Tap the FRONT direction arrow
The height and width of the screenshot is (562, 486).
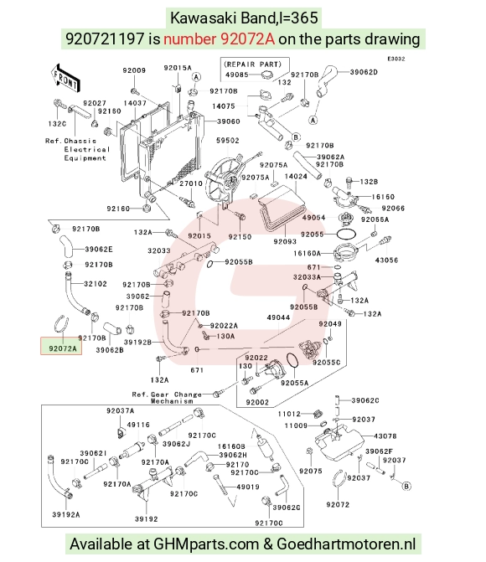[x=65, y=77]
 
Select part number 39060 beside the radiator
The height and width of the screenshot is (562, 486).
[x=229, y=121]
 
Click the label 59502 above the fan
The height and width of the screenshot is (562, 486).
[x=227, y=141]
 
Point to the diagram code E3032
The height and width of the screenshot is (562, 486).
[x=396, y=59]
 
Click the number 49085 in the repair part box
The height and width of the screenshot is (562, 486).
[x=237, y=75]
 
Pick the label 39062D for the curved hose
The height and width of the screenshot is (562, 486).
[x=364, y=72]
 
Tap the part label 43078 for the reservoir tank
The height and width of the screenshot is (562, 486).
[x=385, y=436]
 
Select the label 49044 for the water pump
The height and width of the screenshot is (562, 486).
[x=278, y=317]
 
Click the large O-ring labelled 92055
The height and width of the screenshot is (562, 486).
[x=346, y=235]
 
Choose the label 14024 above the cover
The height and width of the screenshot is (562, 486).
[x=296, y=177]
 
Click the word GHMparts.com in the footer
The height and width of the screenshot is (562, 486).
[x=206, y=544]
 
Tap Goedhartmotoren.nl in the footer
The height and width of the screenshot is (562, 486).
[x=346, y=544]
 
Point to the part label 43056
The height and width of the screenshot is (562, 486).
[x=386, y=260]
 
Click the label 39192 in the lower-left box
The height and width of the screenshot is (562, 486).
[x=147, y=518]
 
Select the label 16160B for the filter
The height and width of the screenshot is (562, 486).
[x=231, y=446]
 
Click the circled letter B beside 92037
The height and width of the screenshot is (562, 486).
[x=406, y=487]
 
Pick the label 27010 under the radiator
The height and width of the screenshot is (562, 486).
[x=191, y=183]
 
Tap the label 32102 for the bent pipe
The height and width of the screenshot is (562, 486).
[x=96, y=284]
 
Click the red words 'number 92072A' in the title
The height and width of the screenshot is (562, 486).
[x=220, y=39]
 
